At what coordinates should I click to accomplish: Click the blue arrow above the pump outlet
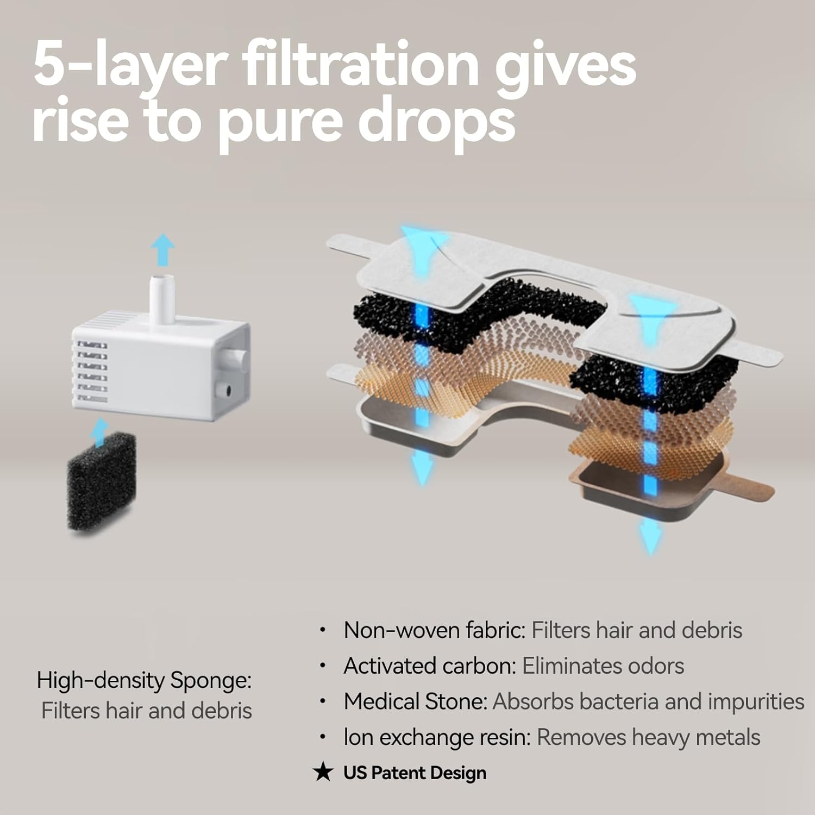click(x=162, y=250)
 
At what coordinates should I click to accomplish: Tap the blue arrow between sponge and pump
click(x=99, y=432)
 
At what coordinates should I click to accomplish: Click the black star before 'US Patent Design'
click(x=323, y=773)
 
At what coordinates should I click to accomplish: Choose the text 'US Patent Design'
click(x=415, y=773)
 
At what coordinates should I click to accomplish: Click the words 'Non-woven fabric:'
click(x=435, y=630)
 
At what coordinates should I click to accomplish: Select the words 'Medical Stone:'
click(x=416, y=701)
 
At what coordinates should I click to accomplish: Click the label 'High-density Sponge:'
click(x=145, y=681)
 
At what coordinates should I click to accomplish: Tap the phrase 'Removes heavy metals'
click(x=649, y=737)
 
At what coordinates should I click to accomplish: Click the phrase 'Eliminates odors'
click(x=603, y=666)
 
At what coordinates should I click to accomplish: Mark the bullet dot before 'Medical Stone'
click(x=323, y=701)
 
